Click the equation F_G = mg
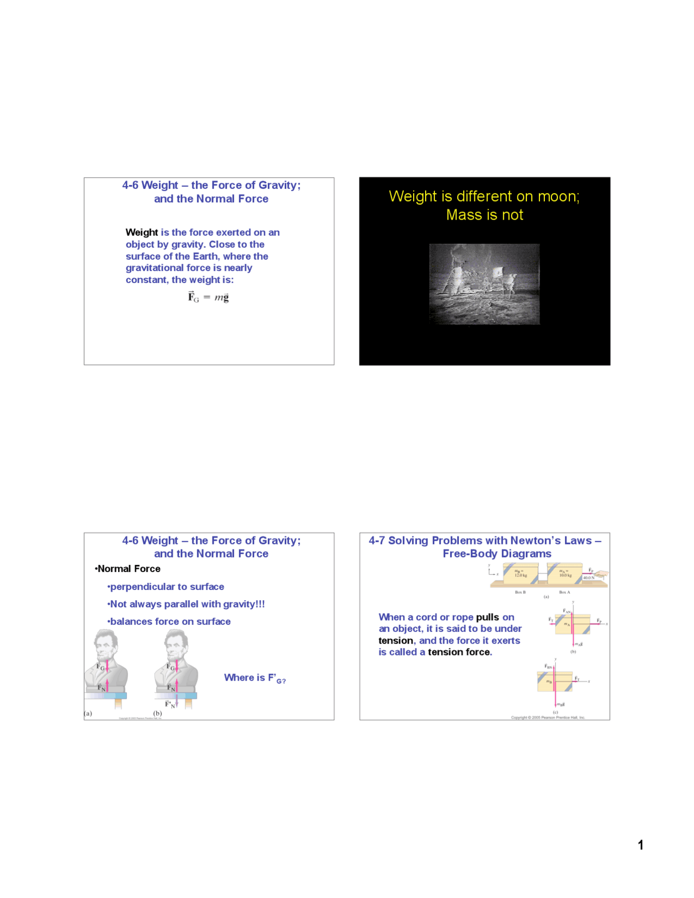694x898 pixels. click(208, 297)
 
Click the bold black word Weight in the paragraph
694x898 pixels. click(142, 232)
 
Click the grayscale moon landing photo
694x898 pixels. click(484, 284)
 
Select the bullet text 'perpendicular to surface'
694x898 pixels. click(166, 586)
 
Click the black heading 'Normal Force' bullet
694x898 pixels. click(128, 568)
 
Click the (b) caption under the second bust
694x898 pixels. click(157, 713)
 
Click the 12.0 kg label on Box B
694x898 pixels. click(520, 574)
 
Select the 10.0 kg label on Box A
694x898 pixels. click(565, 574)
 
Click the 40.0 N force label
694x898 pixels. click(589, 578)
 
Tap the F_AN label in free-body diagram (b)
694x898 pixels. click(567, 611)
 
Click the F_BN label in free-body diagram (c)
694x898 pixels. click(548, 666)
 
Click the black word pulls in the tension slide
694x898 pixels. click(487, 617)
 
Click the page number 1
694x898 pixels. click(640, 845)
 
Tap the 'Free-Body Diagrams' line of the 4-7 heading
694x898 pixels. click(497, 554)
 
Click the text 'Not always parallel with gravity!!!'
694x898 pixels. click(187, 604)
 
